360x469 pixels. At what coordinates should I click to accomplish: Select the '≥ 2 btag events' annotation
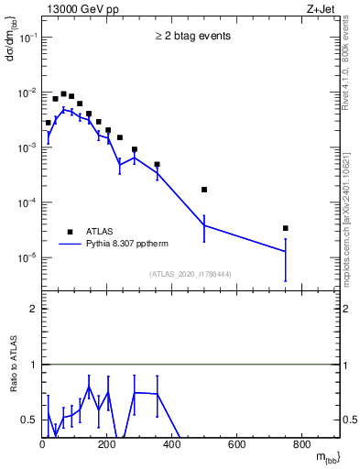tap(192, 37)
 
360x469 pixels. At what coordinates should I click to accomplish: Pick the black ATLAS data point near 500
tap(204, 190)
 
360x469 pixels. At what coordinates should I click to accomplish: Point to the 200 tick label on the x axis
tap(107, 446)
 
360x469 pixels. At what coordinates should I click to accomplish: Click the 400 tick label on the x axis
tap(172, 446)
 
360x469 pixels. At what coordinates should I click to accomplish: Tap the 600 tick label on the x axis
tap(237, 446)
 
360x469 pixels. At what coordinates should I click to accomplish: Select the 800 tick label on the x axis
tap(302, 446)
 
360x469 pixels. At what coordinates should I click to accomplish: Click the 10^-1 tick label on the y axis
tap(27, 38)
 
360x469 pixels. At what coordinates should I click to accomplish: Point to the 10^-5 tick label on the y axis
tap(27, 257)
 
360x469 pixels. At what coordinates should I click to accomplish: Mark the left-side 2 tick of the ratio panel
tap(33, 309)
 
